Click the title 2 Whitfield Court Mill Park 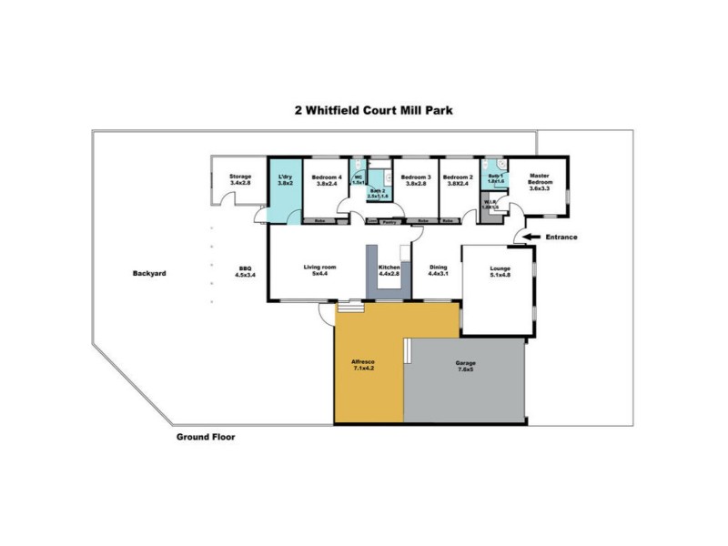click(373, 110)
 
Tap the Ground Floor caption click(205, 437)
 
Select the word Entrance click(561, 238)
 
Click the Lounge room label click(500, 270)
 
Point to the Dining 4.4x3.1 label click(439, 270)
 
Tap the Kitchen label click(389, 270)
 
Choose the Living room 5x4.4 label click(319, 270)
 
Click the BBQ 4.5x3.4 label click(245, 270)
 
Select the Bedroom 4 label click(326, 179)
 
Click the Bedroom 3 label click(415, 179)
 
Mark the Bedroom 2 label click(457, 179)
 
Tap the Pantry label click(392, 221)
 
